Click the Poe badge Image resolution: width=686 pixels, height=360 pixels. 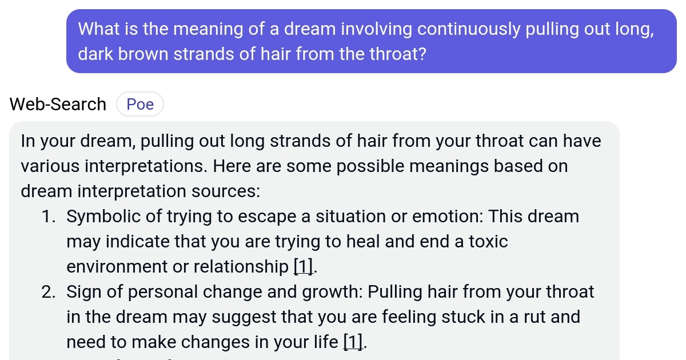coord(140,104)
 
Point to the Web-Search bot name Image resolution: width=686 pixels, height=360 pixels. coord(58,104)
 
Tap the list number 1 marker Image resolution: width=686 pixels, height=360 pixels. coord(49,217)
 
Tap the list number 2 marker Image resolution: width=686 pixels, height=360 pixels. coord(49,292)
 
